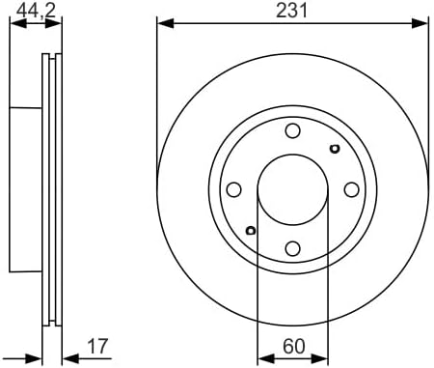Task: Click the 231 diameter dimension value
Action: [291, 11]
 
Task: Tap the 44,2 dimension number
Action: [36, 11]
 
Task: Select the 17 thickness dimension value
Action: [97, 346]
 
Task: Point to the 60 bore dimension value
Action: [294, 346]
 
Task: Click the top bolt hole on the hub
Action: [293, 130]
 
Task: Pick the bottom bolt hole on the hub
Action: [293, 249]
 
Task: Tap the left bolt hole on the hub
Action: [233, 189]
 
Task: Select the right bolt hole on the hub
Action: [352, 189]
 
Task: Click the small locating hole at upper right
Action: [335, 149]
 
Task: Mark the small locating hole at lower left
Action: [251, 230]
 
